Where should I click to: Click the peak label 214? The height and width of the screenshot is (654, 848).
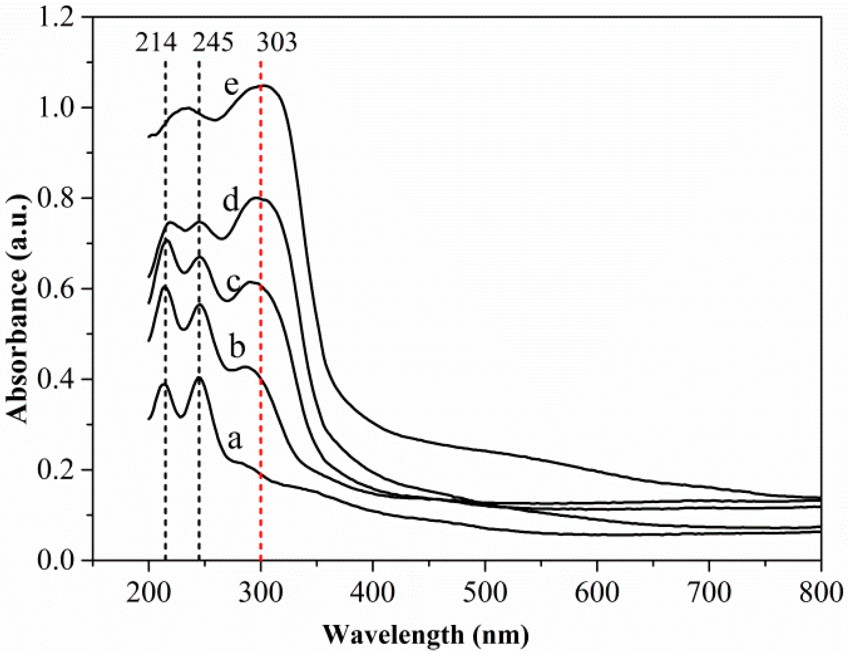pyautogui.click(x=155, y=43)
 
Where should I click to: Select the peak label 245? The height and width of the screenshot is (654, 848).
pyautogui.click(x=212, y=43)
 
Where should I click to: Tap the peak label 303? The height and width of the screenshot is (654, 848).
pyautogui.click(x=276, y=43)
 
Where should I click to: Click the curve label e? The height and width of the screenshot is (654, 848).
pyautogui.click(x=232, y=85)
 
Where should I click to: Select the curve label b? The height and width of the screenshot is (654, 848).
pyautogui.click(x=237, y=346)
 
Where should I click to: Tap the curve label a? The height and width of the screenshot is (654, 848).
pyautogui.click(x=235, y=439)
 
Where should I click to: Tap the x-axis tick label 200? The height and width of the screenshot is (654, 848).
pyautogui.click(x=148, y=593)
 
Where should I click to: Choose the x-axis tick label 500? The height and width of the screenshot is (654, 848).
pyautogui.click(x=485, y=593)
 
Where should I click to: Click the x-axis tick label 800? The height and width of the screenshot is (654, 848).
pyautogui.click(x=820, y=593)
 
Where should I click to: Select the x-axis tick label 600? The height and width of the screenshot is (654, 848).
pyautogui.click(x=597, y=593)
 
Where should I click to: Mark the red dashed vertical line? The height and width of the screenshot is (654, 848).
pyautogui.click(x=261, y=322)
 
